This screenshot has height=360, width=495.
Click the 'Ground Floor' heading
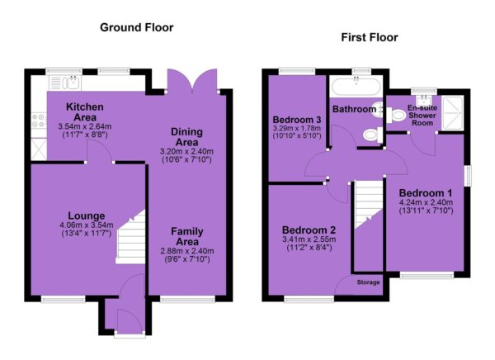pyautogui.click(x=137, y=28)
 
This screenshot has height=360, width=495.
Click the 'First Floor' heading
pyautogui.click(x=370, y=38)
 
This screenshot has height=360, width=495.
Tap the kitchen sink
pyautogui.click(x=65, y=83)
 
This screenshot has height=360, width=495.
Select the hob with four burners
pyautogui.click(x=39, y=121)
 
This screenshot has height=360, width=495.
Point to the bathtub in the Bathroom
pyautogui.click(x=356, y=87)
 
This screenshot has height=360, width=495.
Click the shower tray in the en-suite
pyautogui.click(x=453, y=113)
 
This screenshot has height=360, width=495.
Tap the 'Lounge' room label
pyautogui.click(x=87, y=216)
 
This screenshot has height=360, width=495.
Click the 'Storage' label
pyautogui.click(x=368, y=282)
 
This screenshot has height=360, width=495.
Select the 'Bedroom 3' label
pyautogui.click(x=297, y=120)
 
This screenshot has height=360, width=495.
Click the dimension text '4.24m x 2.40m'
pyautogui.click(x=426, y=202)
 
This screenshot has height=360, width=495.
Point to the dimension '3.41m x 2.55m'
pyautogui.click(x=309, y=239)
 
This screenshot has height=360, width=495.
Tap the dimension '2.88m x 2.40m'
pyautogui.click(x=187, y=251)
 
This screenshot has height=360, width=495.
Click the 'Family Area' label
pyautogui.click(x=187, y=236)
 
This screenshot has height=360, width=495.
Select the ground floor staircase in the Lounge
pyautogui.click(x=130, y=237)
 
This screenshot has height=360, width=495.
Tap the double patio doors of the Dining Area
pyautogui.click(x=192, y=82)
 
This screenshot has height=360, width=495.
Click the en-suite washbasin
pyautogui.click(x=422, y=101)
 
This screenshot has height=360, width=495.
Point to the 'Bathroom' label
pyautogui.click(x=354, y=109)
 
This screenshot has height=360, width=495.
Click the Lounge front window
pyautogui.click(x=64, y=299)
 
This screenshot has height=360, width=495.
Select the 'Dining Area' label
pyautogui.click(x=187, y=137)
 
